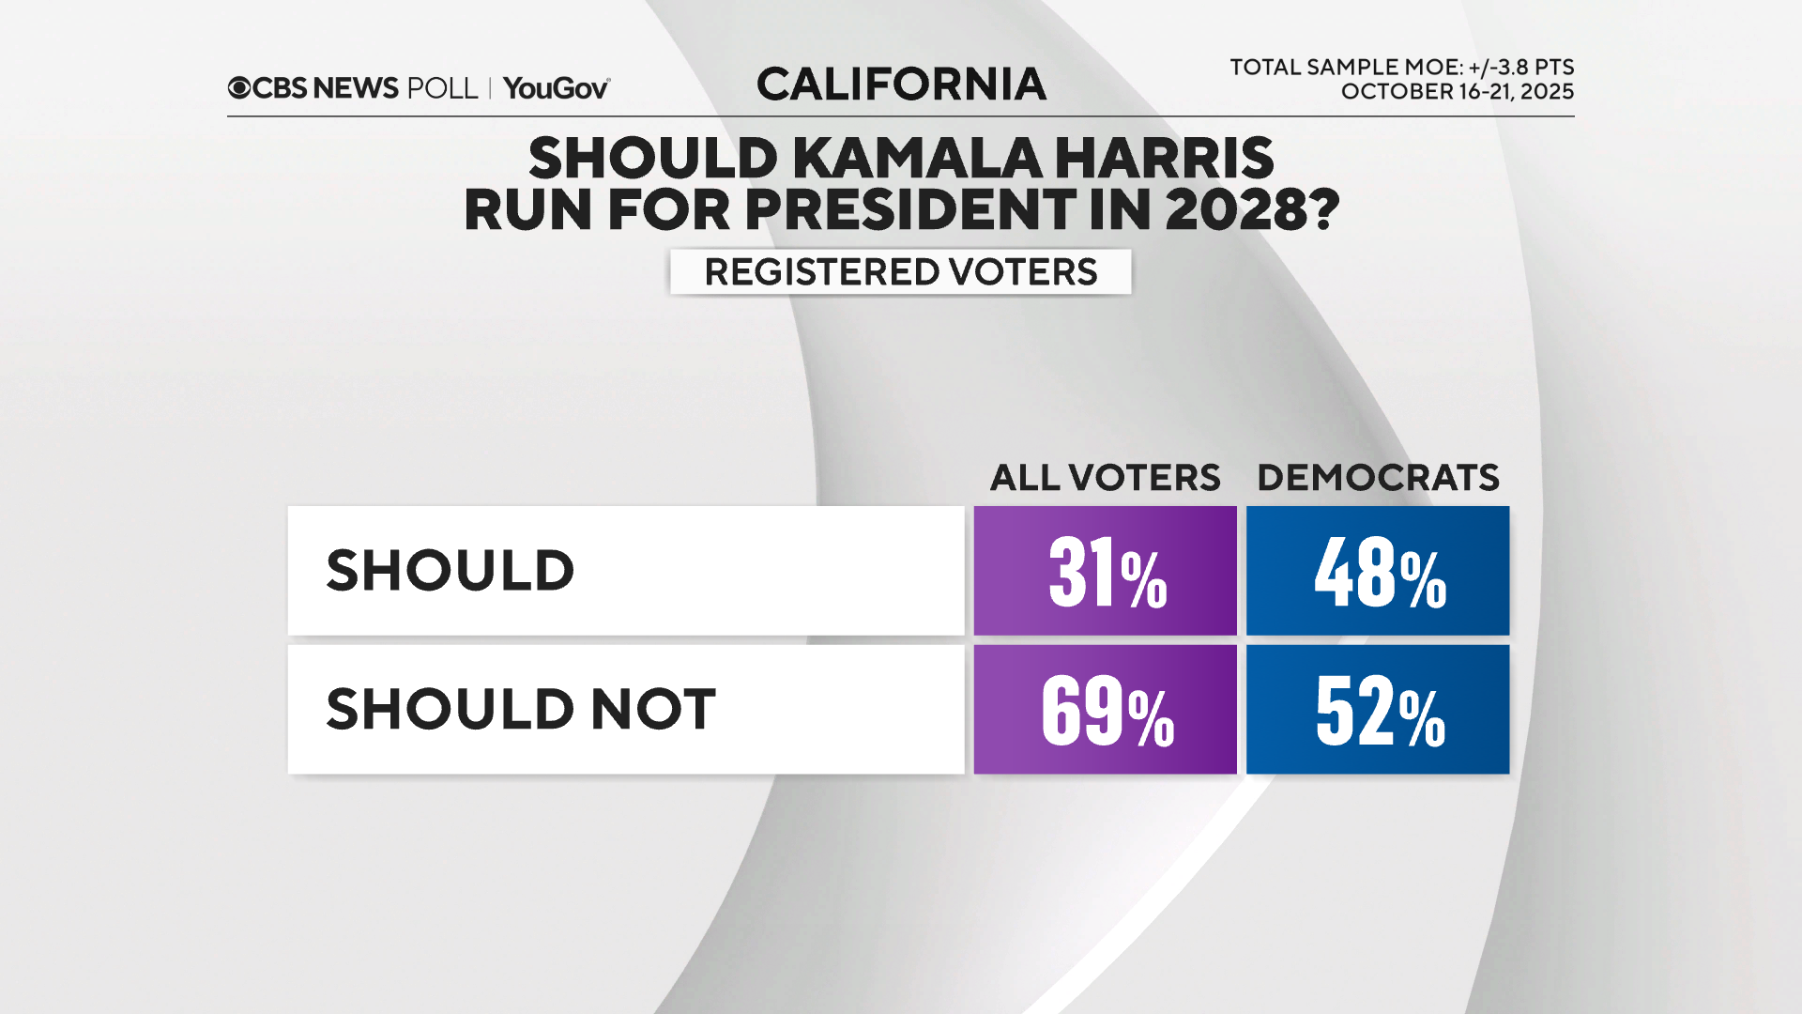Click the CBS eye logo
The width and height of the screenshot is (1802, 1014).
pos(239,88)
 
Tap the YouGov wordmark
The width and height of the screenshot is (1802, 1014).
pos(556,88)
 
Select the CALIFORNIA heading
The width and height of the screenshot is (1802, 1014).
pos(901,84)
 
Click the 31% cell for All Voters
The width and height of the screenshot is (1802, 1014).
pos(1105,571)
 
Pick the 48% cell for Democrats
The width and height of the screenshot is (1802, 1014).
pos(1378,571)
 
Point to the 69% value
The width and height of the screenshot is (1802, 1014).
pos(1105,710)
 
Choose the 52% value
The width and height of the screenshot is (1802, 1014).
pos(1378,710)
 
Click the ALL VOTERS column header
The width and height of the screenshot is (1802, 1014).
pos(1105,478)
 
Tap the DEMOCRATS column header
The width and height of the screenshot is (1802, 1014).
pos(1378,478)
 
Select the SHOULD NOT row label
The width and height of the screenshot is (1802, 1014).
pos(521,709)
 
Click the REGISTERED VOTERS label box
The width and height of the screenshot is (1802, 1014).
pos(900,272)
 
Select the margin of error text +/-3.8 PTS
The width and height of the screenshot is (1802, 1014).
pos(1520,68)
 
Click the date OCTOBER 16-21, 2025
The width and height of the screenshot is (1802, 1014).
pos(1457,92)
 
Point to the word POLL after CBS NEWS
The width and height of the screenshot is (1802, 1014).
pos(442,88)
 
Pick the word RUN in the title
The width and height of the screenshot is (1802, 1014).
pos(528,209)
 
